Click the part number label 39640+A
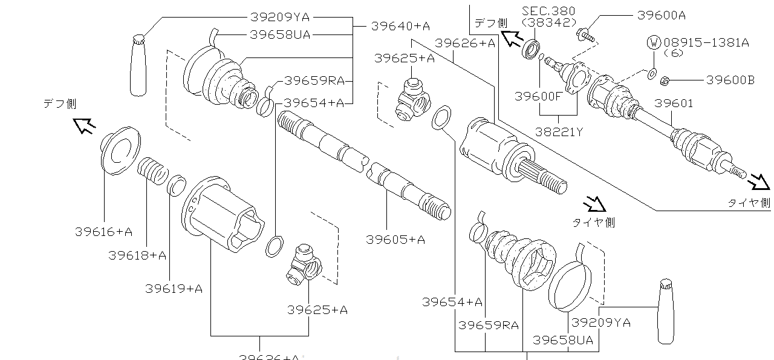400,26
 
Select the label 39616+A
103,232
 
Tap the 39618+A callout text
137,255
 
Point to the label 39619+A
174,288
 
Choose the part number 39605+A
395,240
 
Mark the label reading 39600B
730,79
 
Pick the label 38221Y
559,131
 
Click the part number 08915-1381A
706,42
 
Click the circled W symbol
654,42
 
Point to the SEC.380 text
548,11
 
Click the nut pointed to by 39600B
664,79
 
